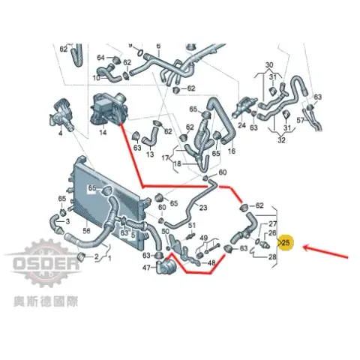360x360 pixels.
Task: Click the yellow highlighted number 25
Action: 286,242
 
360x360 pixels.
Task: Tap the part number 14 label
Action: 103,132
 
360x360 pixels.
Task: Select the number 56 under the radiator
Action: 86,230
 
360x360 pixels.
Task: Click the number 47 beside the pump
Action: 146,268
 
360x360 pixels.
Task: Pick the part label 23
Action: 203,208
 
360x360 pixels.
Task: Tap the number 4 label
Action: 60,133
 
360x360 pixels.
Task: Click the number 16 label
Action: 232,151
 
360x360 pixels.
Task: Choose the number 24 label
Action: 241,125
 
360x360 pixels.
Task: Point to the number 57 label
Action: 301,121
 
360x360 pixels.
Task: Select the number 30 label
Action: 269,65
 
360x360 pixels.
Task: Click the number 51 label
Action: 192,226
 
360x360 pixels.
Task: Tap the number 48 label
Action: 211,262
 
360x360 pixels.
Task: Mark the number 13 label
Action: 150,154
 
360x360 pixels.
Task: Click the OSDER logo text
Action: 46,263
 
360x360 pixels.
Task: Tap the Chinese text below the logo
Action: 46,301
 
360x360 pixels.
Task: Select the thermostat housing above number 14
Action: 109,109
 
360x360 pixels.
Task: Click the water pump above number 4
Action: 61,114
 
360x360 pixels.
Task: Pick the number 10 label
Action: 96,78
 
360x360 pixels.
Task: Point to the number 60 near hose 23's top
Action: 223,172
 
